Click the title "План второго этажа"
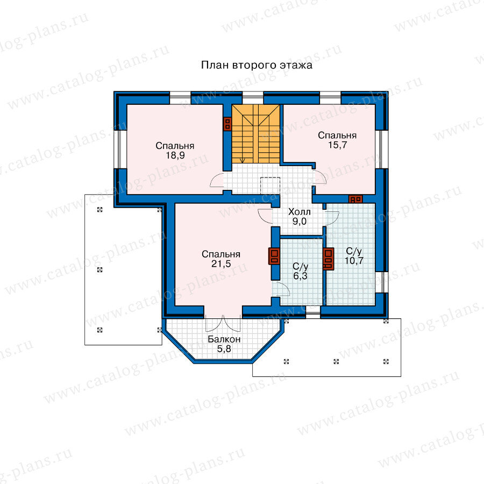[257, 65]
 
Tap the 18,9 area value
[175, 155]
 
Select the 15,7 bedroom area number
[337, 145]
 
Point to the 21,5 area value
[221, 264]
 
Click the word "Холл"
[299, 212]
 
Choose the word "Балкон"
[224, 339]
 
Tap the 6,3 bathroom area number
[300, 276]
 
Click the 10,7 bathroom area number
[354, 260]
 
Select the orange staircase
[255, 134]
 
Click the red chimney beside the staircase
[227, 124]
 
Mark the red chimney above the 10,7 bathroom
[355, 199]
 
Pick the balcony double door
[223, 323]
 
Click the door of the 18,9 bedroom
[217, 180]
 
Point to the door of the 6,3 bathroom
[281, 289]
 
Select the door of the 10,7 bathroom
[332, 218]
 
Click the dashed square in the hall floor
[270, 186]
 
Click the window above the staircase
[253, 98]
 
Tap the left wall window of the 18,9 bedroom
[120, 150]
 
